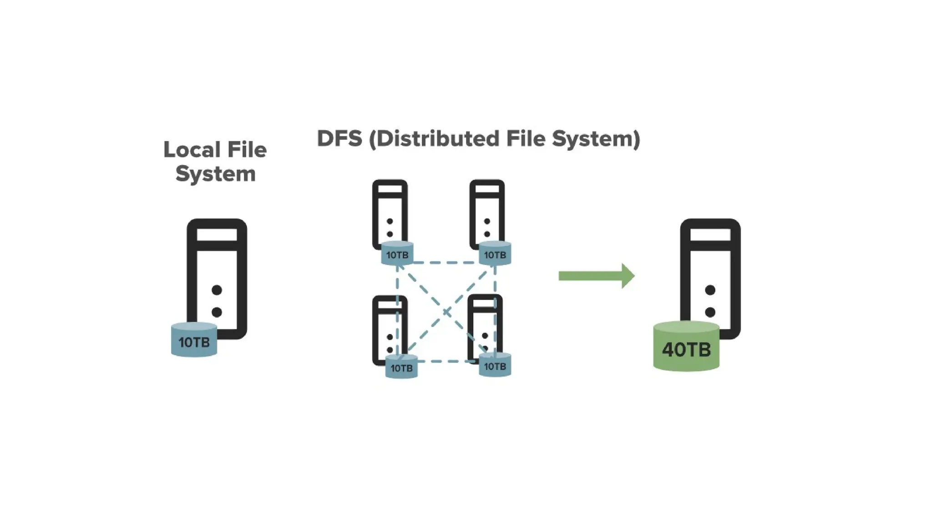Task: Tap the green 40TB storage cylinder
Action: coord(686,348)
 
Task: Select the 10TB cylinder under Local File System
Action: coord(194,341)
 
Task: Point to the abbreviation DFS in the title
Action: coord(339,138)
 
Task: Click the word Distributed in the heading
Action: coord(438,138)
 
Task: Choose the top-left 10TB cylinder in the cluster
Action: coord(397,254)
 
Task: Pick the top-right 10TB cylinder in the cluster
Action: coord(495,254)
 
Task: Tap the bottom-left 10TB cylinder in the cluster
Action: coord(401,367)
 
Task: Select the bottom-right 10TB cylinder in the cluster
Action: coord(495,366)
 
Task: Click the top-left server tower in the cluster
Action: coord(390,209)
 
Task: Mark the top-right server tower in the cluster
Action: coord(487,209)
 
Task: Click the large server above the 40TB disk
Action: coord(710,273)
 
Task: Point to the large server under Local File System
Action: coord(217,273)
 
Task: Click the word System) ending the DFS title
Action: coord(596,138)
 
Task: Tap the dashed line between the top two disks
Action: coord(446,262)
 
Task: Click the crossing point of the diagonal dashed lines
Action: coord(446,312)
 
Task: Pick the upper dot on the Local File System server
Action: coord(217,290)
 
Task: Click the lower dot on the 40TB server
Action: coord(710,312)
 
